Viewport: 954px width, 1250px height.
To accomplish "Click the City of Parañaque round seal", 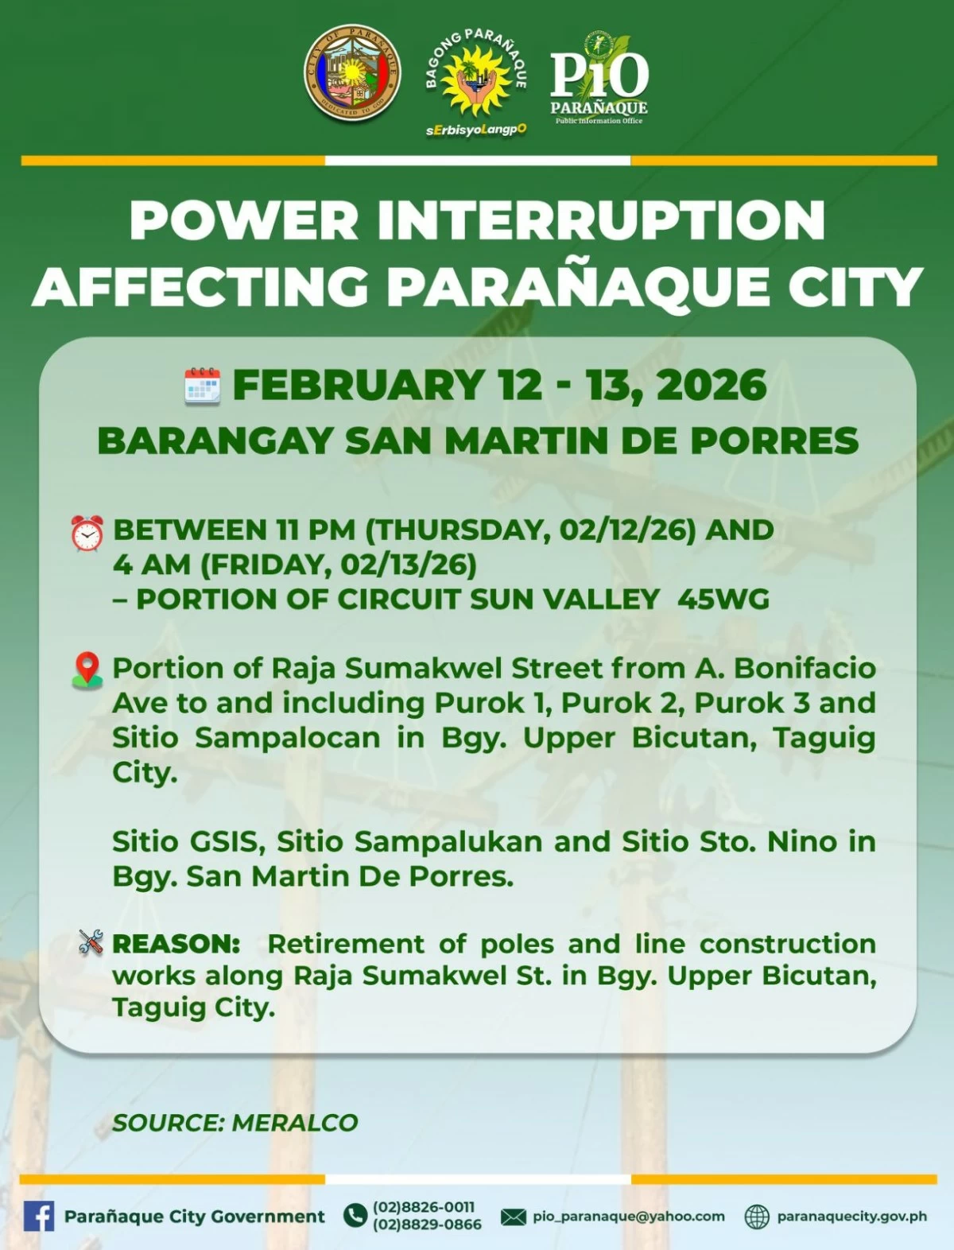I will click(x=352, y=73).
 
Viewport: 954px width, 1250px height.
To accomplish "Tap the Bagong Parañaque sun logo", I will click(x=475, y=81).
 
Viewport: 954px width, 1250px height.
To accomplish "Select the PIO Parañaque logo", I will click(x=599, y=79).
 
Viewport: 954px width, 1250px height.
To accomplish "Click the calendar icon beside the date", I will click(x=202, y=386).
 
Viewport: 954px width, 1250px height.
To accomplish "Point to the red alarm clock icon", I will click(x=87, y=533).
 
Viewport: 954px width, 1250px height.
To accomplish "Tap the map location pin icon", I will click(x=87, y=670).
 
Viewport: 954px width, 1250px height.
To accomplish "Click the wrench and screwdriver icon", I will click(x=91, y=943).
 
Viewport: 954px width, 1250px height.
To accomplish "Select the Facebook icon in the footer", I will click(x=38, y=1216).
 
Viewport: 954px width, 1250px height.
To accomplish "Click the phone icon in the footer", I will click(x=355, y=1216).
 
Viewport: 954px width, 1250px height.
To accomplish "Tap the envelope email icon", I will click(x=514, y=1217).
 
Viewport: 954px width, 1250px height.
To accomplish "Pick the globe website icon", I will click(x=757, y=1217).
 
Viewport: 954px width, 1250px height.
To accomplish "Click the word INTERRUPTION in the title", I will click(x=601, y=221).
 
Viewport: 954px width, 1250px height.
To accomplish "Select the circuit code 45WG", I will click(x=723, y=599).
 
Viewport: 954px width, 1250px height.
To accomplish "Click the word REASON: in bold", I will click(x=176, y=944).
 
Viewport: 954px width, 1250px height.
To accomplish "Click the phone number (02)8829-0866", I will click(x=427, y=1225).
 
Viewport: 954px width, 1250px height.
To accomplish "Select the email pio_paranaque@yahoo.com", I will click(x=628, y=1217).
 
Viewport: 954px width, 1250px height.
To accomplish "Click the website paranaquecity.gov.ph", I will click(x=851, y=1217).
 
